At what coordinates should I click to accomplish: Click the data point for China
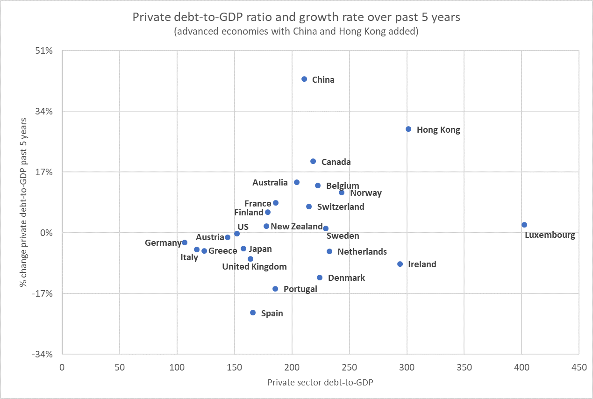(x=304, y=79)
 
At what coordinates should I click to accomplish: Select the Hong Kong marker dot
(x=408, y=129)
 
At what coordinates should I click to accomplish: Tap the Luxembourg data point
(x=524, y=225)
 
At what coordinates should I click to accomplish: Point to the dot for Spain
(x=253, y=313)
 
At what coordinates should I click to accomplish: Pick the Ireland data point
(x=400, y=264)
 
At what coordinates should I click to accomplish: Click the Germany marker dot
(x=185, y=242)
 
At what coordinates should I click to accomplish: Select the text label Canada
(x=336, y=162)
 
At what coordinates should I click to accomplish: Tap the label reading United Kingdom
(x=254, y=267)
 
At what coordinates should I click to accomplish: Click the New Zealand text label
(x=297, y=227)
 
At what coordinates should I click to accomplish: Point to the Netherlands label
(x=362, y=252)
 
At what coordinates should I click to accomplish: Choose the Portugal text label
(x=300, y=289)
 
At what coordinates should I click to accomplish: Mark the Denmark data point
(x=320, y=278)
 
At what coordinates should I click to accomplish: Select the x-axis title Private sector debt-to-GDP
(x=320, y=382)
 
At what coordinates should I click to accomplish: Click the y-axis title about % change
(x=23, y=202)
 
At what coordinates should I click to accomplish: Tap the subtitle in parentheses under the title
(x=296, y=32)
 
